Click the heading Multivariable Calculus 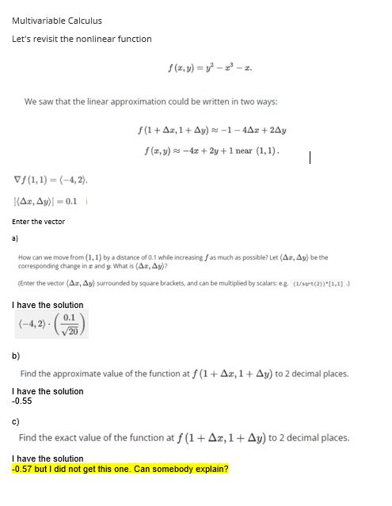click(57, 21)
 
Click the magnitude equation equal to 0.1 click(46, 200)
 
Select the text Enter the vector click(39, 222)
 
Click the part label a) click(16, 237)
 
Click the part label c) click(16, 422)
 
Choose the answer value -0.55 click(22, 401)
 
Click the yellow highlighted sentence click(120, 469)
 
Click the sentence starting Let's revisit click(82, 39)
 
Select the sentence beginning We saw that click(150, 102)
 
